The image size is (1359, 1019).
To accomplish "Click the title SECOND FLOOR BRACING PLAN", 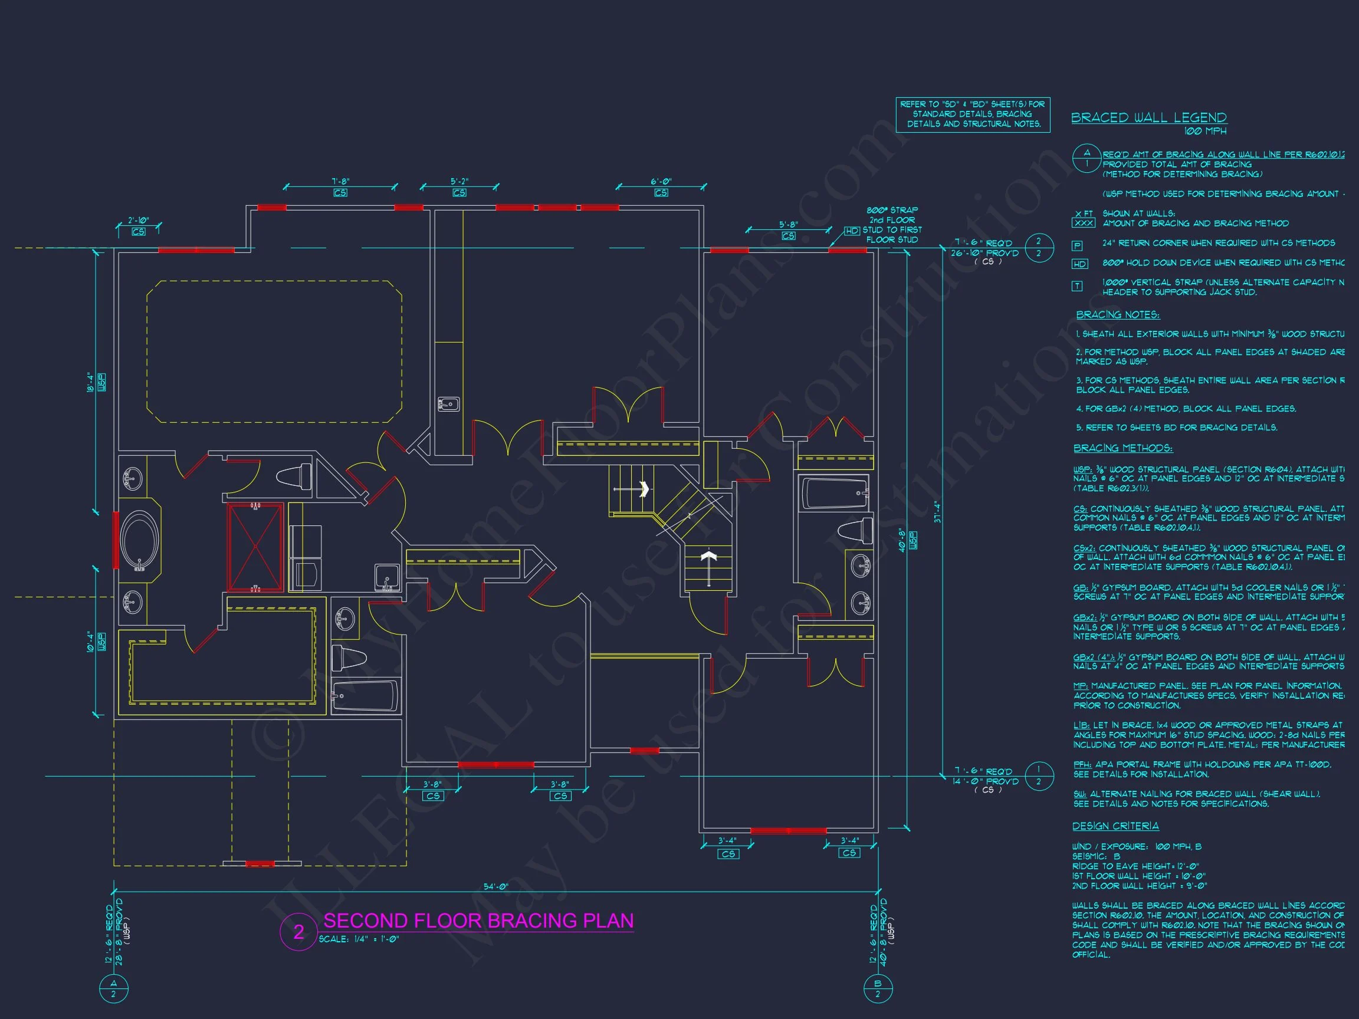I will coord(478,921).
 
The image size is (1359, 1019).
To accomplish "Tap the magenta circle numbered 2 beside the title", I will coord(298,932).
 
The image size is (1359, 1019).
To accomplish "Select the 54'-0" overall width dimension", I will coord(496,887).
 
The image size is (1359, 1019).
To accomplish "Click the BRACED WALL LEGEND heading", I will coord(1149,117).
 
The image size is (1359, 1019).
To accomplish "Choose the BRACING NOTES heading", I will coord(1118,315).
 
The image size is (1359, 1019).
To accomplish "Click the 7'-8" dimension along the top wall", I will coord(340,182).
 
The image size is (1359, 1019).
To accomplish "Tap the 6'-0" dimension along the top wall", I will coord(661,182).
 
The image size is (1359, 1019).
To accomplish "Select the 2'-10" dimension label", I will coord(138,221).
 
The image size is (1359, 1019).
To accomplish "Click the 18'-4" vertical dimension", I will coord(90,382).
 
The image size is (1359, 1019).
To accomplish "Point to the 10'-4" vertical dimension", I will coord(90,641).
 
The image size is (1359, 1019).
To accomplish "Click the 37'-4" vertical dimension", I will coord(936,512).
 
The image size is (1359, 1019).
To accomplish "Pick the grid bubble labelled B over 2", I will coord(877,988).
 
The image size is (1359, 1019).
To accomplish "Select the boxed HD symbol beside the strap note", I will coord(852,231).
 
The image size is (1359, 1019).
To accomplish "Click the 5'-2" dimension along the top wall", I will coord(459,182).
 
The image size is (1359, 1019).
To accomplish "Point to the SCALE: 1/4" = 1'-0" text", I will coord(359,939).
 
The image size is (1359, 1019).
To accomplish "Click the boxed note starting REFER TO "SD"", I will coord(973,114).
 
